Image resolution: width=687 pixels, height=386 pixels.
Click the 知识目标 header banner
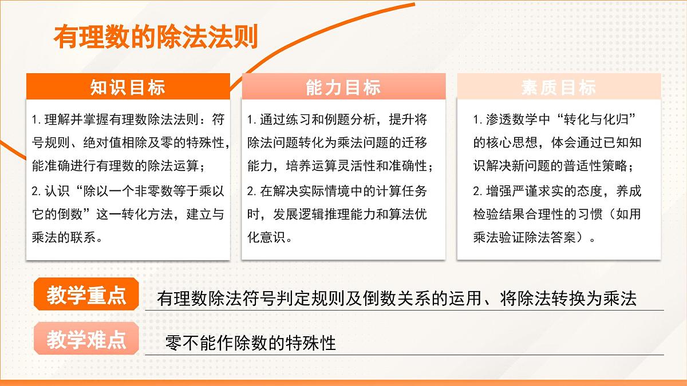pyautogui.click(x=128, y=87)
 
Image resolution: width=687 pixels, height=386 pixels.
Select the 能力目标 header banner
pyautogui.click(x=343, y=87)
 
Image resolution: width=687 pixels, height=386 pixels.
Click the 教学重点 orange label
pyautogui.click(x=86, y=296)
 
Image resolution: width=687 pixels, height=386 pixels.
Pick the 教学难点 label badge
pyautogui.click(x=86, y=340)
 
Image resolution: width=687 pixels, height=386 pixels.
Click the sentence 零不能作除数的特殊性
pyautogui.click(x=250, y=343)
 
